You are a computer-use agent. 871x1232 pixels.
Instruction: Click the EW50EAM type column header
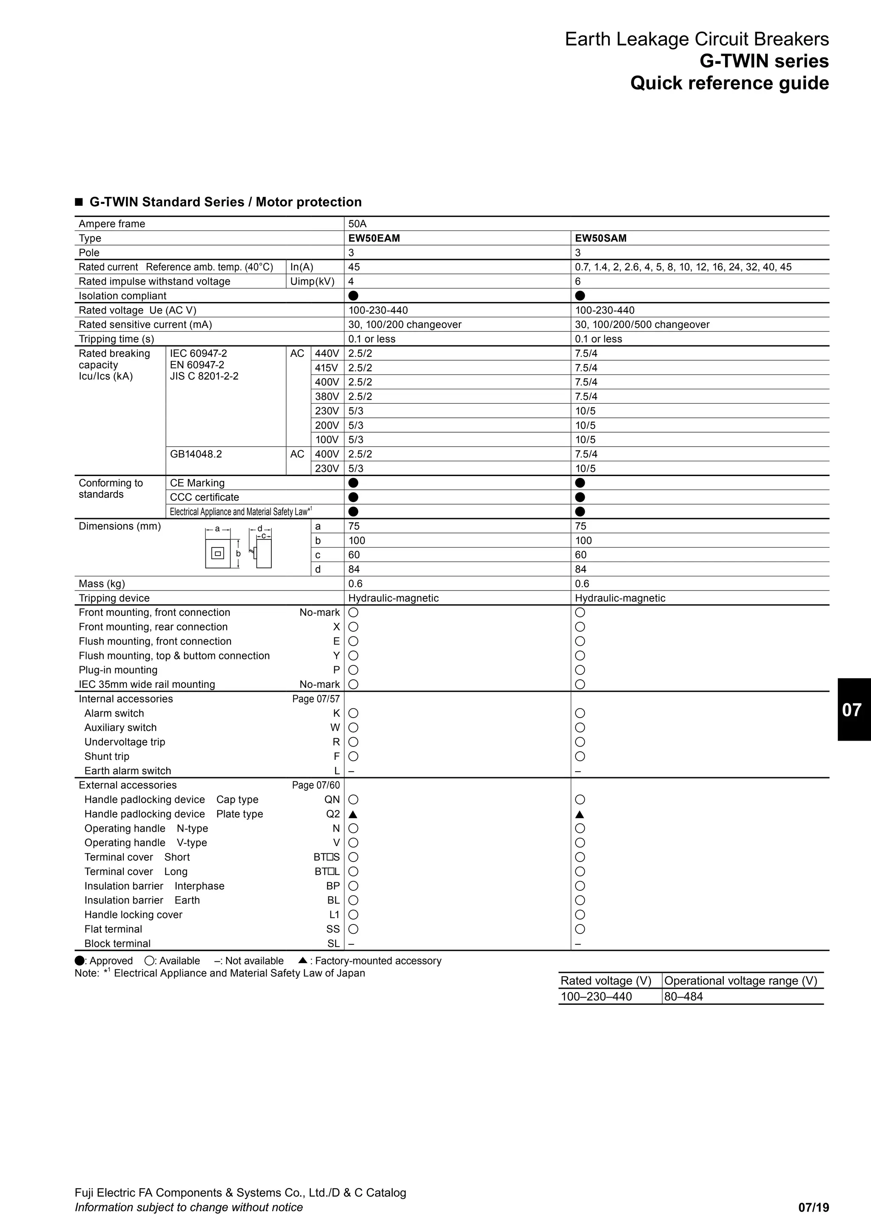tap(374, 238)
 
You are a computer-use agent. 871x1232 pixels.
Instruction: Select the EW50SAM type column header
tap(600, 238)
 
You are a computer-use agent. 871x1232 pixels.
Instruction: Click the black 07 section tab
tap(853, 709)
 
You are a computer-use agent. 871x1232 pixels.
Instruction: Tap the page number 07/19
tap(813, 1207)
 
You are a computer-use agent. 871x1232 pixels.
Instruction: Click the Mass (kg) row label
tap(102, 584)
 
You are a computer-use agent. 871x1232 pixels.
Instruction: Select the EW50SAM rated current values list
tap(683, 267)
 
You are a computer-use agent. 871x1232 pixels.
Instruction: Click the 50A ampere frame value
tap(357, 224)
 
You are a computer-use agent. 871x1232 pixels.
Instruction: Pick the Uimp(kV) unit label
tap(312, 282)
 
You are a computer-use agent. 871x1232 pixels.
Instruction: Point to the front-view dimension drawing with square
tap(218, 553)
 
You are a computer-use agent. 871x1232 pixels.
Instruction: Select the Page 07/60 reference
tap(316, 785)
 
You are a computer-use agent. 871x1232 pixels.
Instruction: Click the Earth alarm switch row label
tap(127, 771)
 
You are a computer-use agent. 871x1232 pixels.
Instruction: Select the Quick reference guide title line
tap(729, 83)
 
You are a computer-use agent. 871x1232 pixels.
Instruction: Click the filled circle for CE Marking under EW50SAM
tap(580, 483)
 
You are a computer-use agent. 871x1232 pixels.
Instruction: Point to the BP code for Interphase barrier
tap(333, 886)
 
